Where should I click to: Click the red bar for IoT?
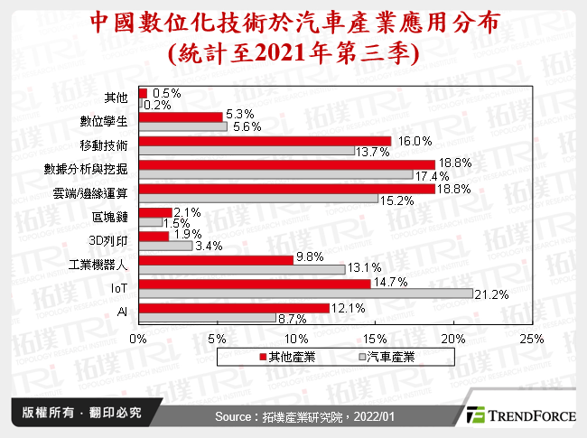coord(254,284)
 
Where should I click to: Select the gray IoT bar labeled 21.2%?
coord(305,294)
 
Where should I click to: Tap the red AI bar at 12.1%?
coord(233,308)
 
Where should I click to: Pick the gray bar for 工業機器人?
coord(241,269)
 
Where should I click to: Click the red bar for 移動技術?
coord(264,141)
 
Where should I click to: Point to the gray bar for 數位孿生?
coord(182,127)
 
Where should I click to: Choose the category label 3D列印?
coord(111,240)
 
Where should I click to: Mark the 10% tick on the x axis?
coord(295,338)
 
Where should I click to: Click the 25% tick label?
coord(531,338)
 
